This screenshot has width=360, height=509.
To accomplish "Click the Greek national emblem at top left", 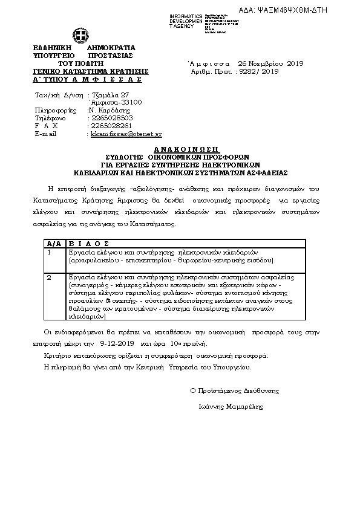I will (x=79, y=34).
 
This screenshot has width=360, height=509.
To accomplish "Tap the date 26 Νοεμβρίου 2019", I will (x=270, y=63).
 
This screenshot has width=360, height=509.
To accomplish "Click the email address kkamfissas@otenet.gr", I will (x=126, y=134).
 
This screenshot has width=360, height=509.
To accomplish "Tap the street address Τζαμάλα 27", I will (x=110, y=95).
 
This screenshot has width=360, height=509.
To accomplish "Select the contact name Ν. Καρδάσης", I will (x=109, y=111).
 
